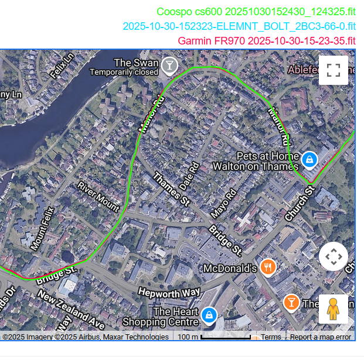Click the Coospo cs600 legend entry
(x=256, y=11)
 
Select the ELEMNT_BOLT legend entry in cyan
(x=239, y=26)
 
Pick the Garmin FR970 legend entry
(x=266, y=41)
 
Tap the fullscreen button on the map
(x=333, y=70)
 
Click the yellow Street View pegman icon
(x=333, y=309)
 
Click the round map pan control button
(x=333, y=256)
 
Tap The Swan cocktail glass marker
(x=169, y=65)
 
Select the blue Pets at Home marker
(x=309, y=159)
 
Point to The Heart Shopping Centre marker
(x=207, y=314)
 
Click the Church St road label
(x=300, y=204)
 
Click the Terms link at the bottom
(x=271, y=337)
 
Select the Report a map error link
(x=321, y=337)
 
